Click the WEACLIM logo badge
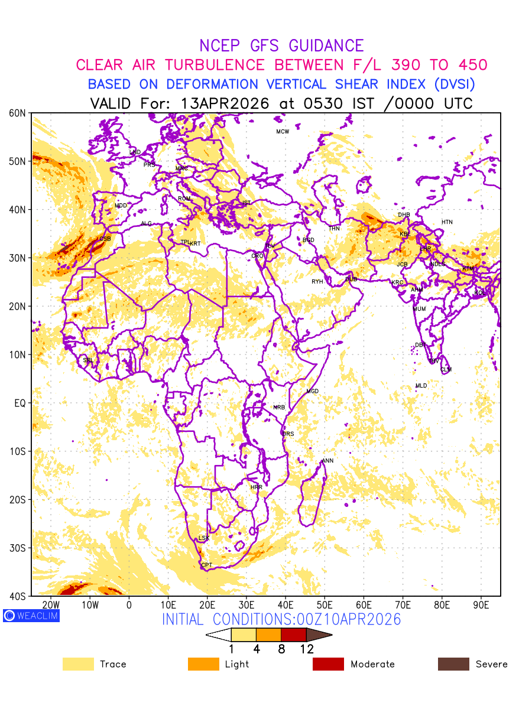[31, 616]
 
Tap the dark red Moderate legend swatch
[328, 664]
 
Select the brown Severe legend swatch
[453, 664]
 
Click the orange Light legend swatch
[203, 664]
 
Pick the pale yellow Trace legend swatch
[78, 664]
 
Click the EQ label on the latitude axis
[20, 403]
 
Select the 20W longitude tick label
[51, 605]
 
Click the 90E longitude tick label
[481, 605]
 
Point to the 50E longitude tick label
[325, 605]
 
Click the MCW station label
[283, 132]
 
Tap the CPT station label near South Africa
[206, 565]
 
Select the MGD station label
[312, 392]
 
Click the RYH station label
[317, 282]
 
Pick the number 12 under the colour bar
[306, 649]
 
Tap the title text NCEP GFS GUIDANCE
[281, 46]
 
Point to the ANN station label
[327, 461]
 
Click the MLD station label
[421, 386]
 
